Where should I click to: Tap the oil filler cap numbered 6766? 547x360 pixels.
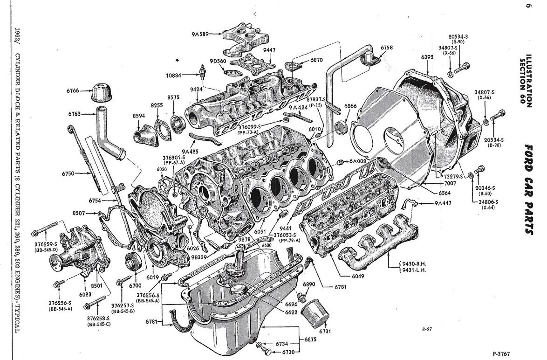[x=103, y=93]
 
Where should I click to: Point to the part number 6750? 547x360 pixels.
[x=68, y=174]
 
